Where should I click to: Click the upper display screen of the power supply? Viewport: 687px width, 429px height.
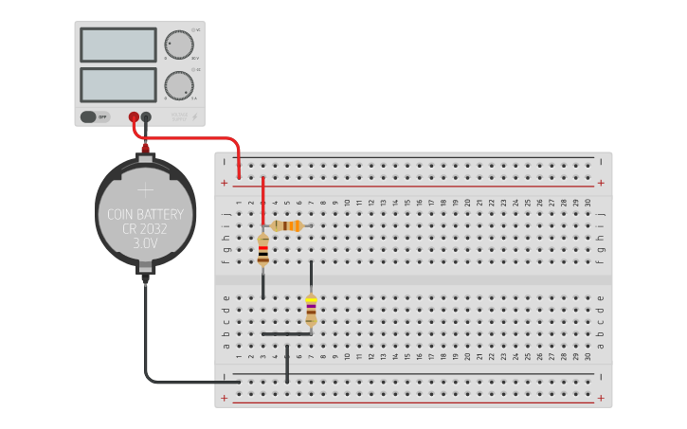click(118, 45)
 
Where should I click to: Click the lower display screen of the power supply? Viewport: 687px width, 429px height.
click(118, 84)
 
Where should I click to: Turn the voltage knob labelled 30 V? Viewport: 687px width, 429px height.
click(178, 45)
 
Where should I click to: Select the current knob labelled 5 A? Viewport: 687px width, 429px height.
click(178, 85)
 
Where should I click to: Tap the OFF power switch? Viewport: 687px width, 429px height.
click(95, 116)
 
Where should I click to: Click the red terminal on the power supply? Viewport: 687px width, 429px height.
click(135, 117)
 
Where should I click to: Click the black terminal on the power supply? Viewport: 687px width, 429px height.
click(147, 117)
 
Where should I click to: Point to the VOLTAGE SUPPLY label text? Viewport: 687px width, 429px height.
click(178, 116)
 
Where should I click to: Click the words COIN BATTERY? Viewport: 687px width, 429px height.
click(146, 214)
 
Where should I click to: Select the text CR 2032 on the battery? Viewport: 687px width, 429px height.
click(146, 228)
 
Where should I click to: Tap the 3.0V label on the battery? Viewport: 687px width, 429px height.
click(146, 243)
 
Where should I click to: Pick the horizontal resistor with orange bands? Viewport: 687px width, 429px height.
click(286, 225)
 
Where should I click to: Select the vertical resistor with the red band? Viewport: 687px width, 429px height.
click(263, 251)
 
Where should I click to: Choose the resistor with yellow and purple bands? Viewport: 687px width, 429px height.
click(311, 310)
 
